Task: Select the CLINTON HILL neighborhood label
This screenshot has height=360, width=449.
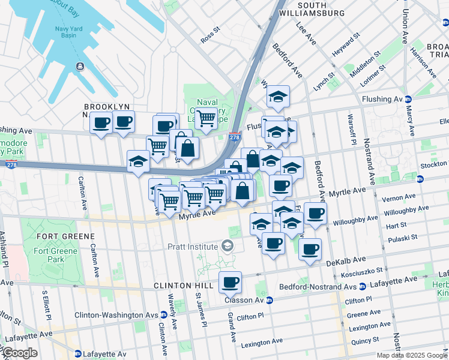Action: click(x=181, y=286)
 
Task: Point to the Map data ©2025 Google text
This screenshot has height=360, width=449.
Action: click(x=411, y=355)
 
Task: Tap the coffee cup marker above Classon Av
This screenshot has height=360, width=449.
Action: click(x=229, y=281)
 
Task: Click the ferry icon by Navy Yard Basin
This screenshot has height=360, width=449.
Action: click(x=79, y=67)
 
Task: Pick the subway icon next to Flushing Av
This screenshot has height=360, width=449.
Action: click(x=408, y=99)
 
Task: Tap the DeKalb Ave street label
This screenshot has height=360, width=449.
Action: click(x=346, y=261)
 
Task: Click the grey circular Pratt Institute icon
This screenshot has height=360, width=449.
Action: click(x=227, y=245)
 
